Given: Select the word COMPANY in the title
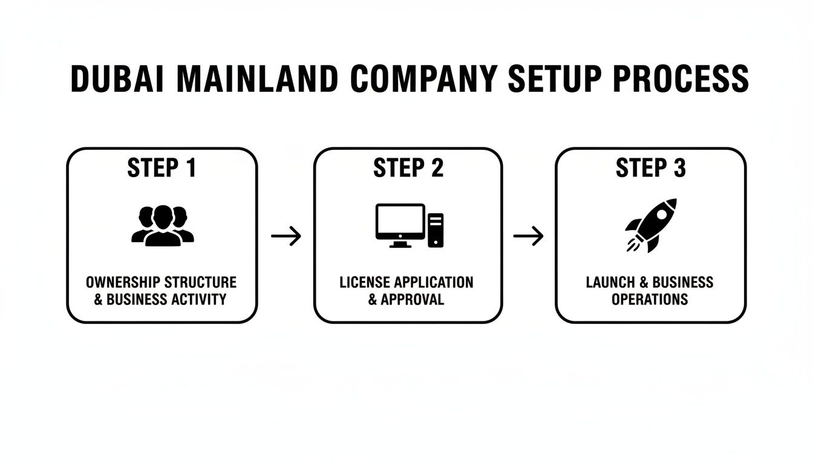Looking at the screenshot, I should point(423,79).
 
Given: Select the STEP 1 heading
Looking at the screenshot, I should point(162,168).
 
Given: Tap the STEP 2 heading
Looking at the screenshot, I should point(408,168).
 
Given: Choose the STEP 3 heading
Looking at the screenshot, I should point(650,168).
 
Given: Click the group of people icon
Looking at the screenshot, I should point(162,225).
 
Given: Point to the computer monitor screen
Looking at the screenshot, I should point(400,222).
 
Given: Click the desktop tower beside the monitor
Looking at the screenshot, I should point(436,230).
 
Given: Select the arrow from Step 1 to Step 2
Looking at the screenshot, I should point(286,236).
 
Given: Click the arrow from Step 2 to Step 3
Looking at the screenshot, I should point(528,236).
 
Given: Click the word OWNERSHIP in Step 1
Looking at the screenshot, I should point(122,282).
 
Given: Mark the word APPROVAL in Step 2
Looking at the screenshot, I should point(413,299).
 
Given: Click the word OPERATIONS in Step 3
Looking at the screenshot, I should point(650,299).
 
